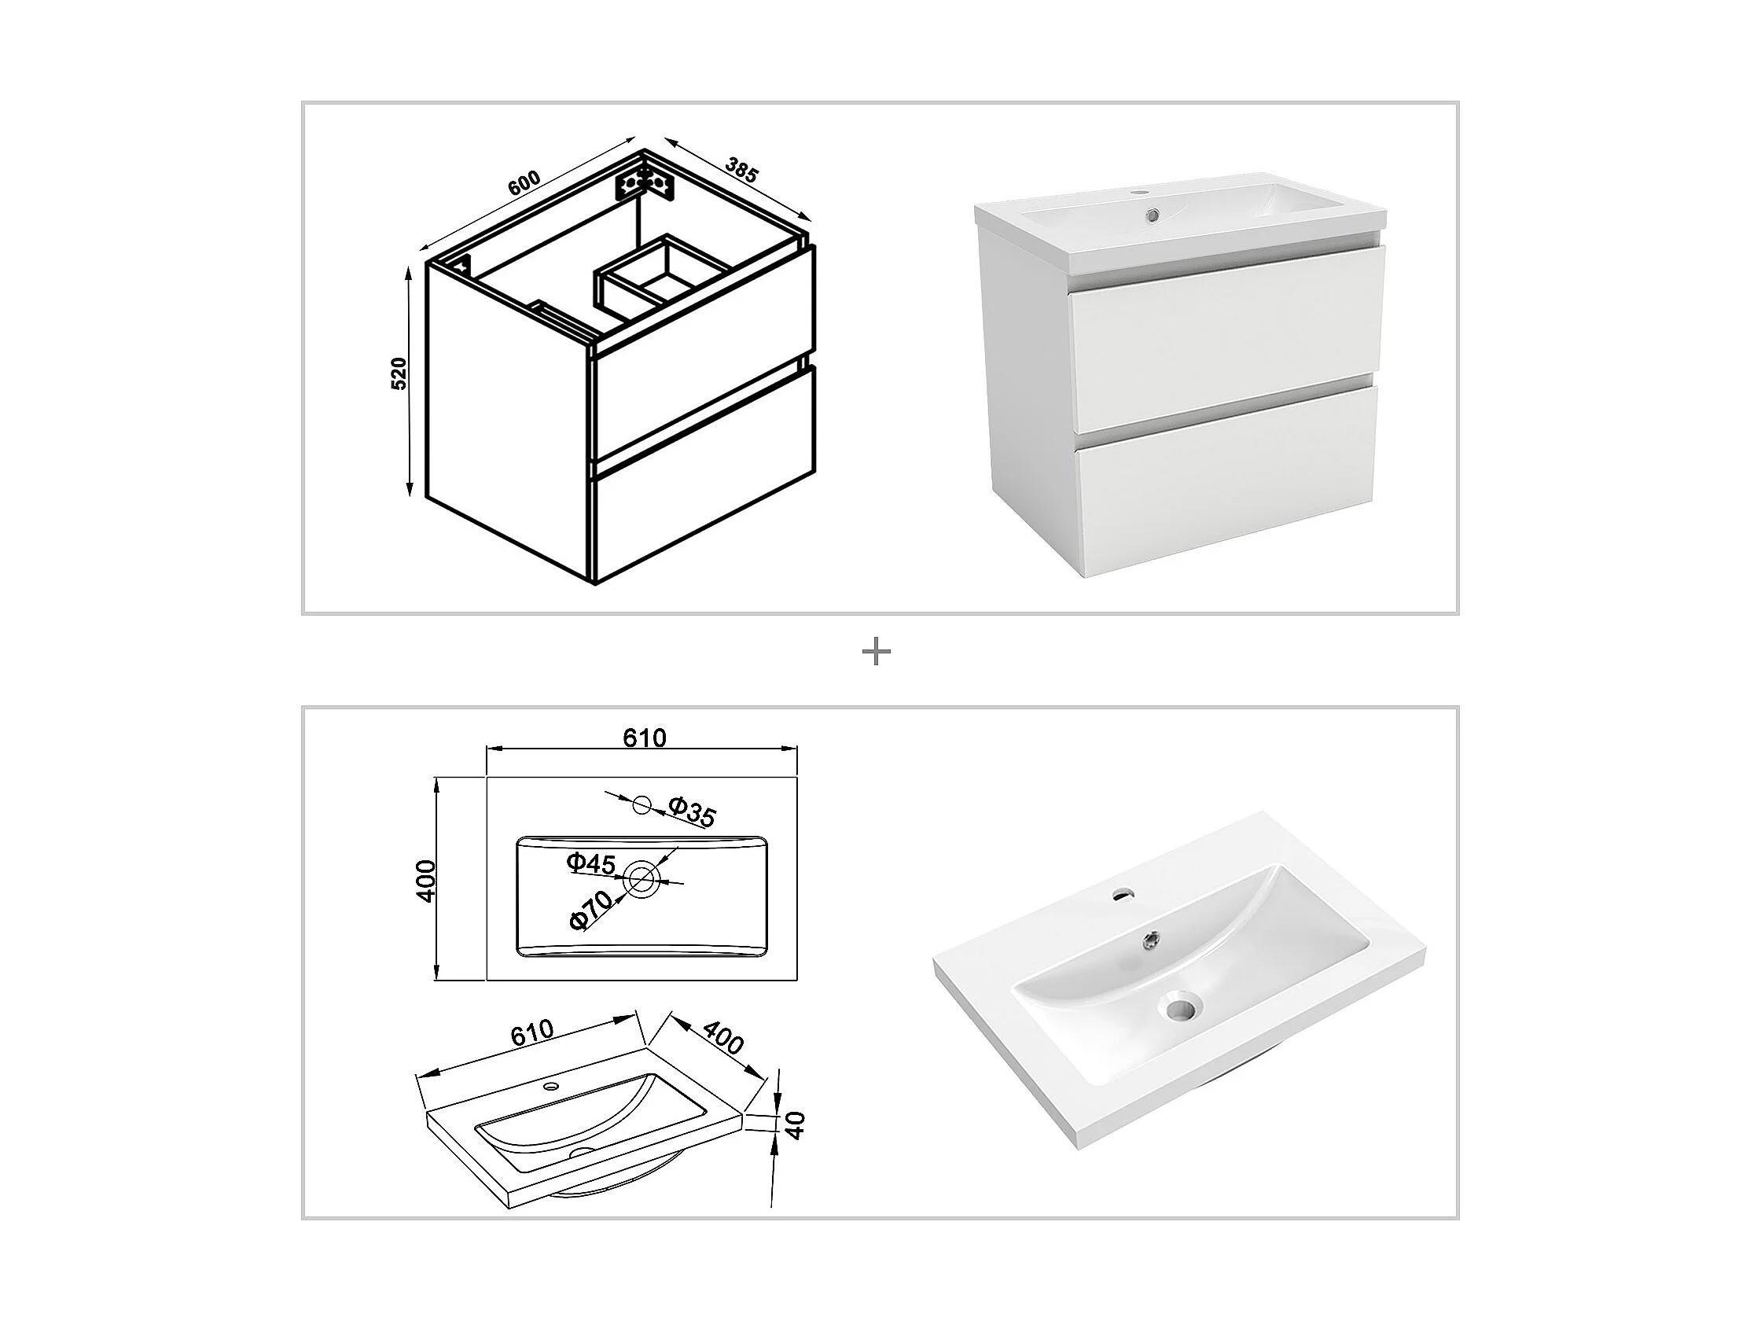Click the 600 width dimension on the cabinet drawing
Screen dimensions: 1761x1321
524,183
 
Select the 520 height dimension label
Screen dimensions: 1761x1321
399,373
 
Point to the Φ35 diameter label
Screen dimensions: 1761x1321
692,811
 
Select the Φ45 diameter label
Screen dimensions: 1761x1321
590,863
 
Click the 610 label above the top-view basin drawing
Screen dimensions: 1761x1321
644,738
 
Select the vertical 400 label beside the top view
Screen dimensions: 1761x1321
427,880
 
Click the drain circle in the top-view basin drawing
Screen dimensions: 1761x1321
642,879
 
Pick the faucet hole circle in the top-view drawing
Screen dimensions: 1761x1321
642,805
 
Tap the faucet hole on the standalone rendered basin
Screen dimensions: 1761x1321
1123,894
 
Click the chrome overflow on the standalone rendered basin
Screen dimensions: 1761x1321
1150,940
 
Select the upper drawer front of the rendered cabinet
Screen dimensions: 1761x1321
1226,338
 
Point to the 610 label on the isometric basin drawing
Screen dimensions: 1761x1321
531,1032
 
